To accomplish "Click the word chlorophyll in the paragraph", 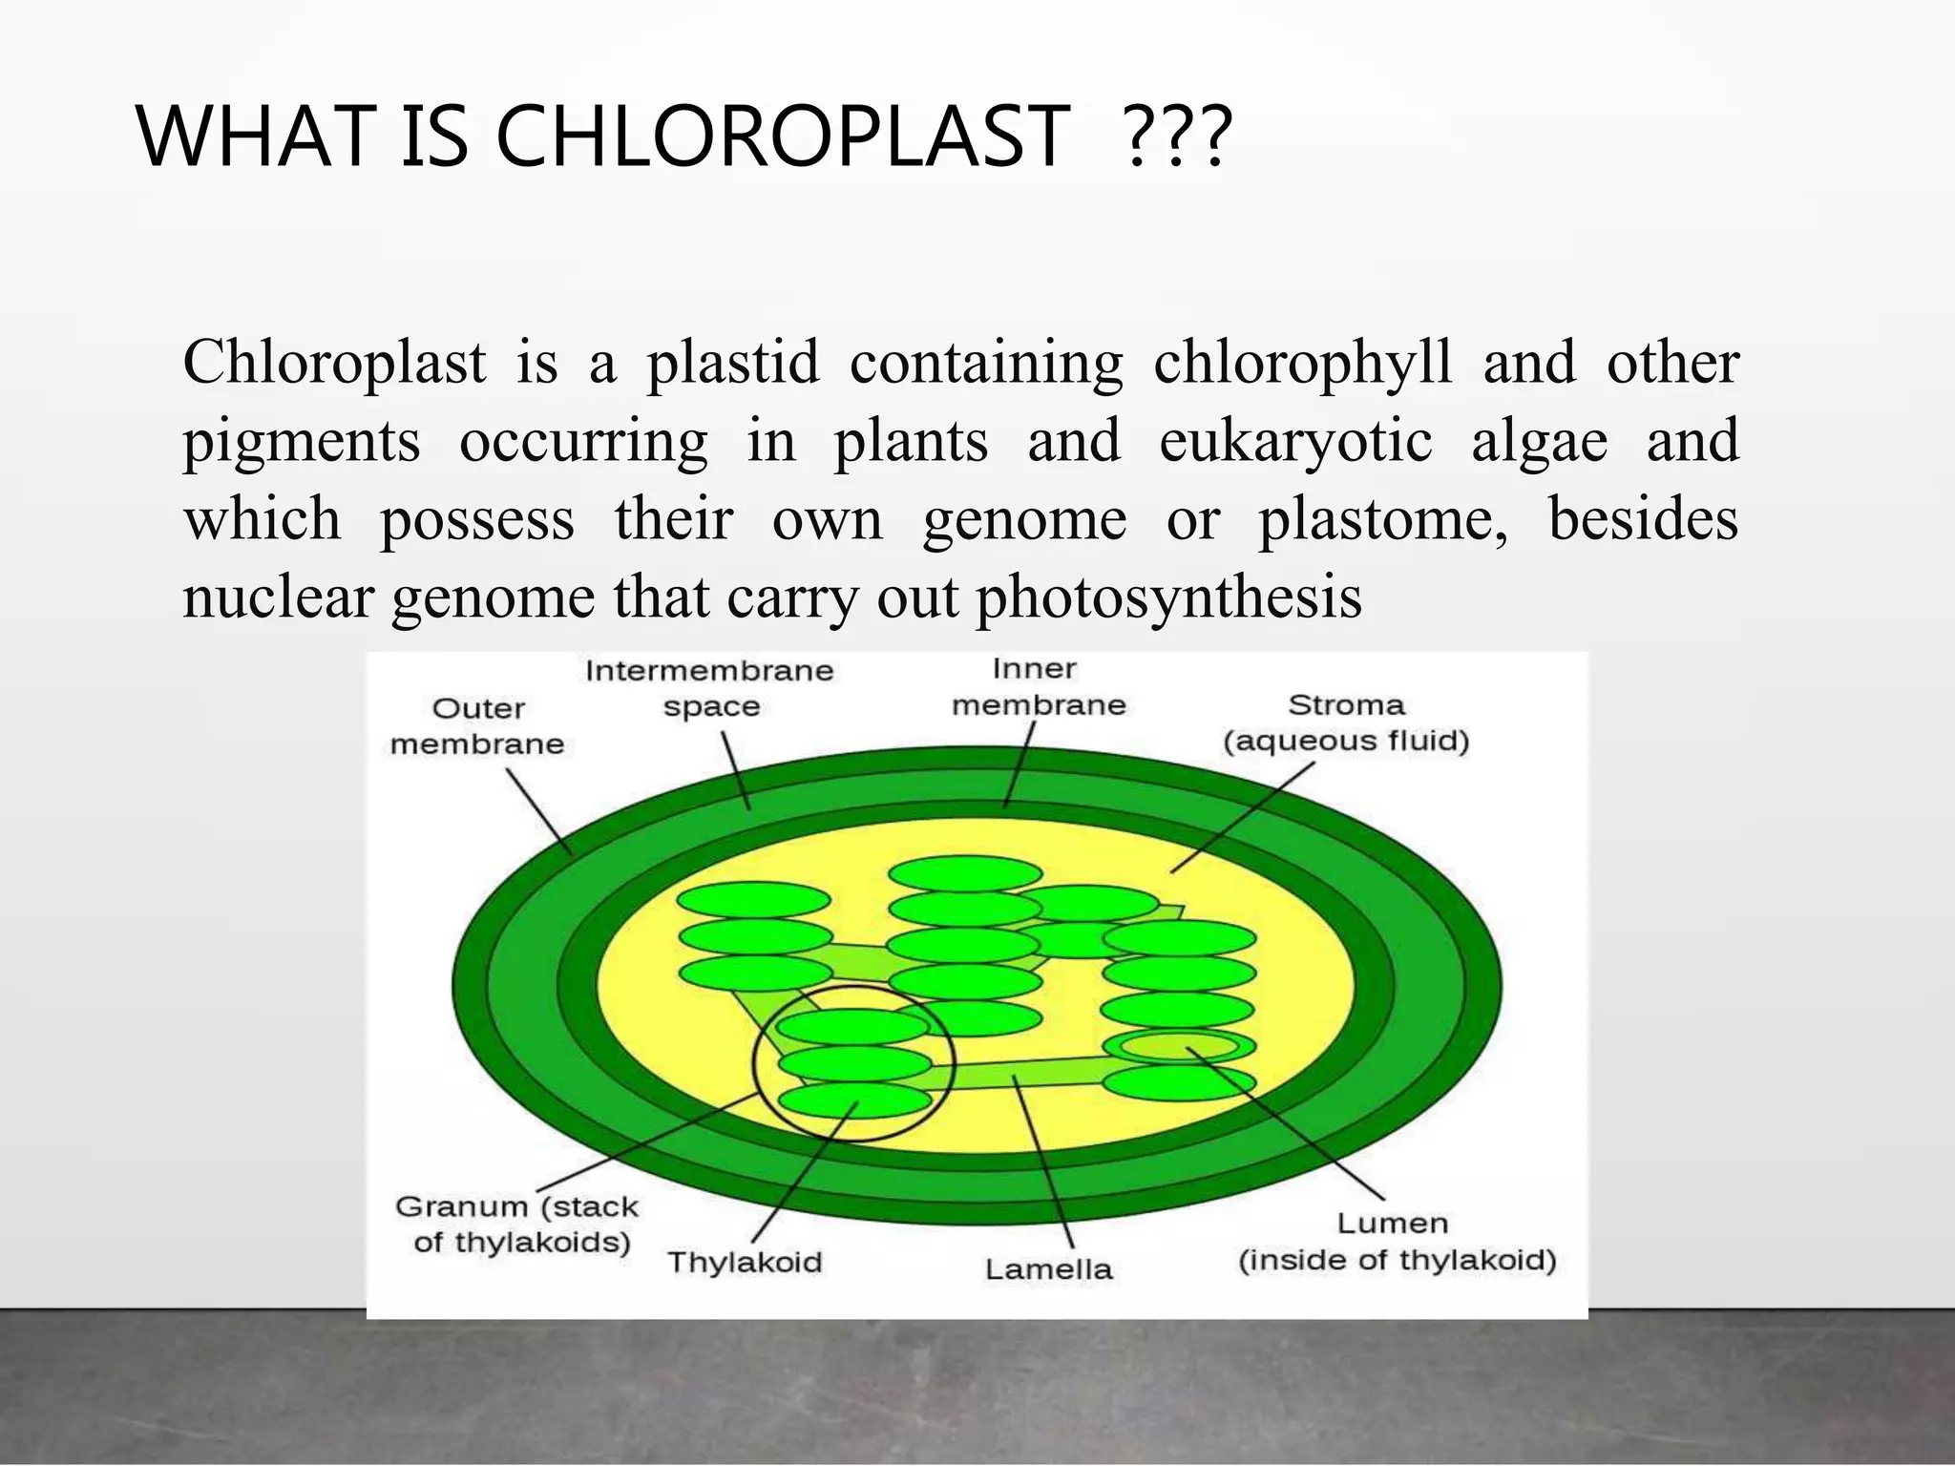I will [1302, 363].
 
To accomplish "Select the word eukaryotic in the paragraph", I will [1295, 441].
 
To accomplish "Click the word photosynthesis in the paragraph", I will [1168, 598].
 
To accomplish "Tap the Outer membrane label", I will [477, 726].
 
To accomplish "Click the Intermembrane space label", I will [709, 688].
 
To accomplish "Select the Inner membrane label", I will [1039, 686].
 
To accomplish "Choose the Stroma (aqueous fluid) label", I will [1346, 723].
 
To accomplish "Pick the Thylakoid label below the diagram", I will [745, 1262].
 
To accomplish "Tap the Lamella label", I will [1048, 1269].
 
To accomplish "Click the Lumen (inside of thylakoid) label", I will [1397, 1242].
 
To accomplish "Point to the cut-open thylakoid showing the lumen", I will [1179, 1045].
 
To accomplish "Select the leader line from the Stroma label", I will [1242, 817].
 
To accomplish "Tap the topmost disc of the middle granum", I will [965, 873].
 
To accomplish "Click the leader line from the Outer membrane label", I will [539, 812].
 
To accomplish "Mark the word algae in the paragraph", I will [1539, 441].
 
